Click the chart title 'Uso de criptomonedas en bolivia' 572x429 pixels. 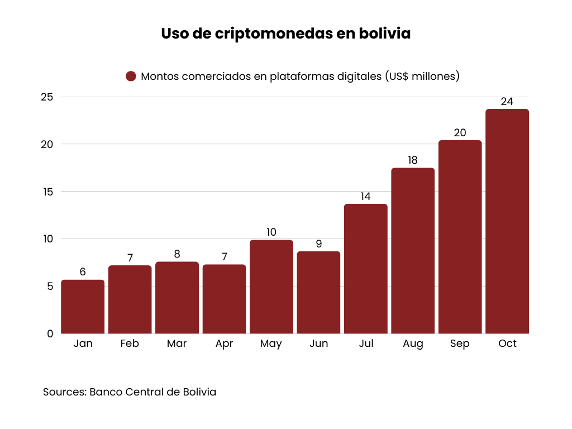pyautogui.click(x=285, y=34)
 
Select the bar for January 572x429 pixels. pyautogui.click(x=83, y=307)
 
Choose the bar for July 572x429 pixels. pyautogui.click(x=365, y=269)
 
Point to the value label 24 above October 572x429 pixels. pyautogui.click(x=507, y=102)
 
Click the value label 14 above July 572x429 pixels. pyautogui.click(x=365, y=197)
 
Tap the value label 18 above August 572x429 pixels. pyautogui.click(x=413, y=160)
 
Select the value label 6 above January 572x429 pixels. pyautogui.click(x=83, y=272)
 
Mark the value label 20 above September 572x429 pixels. pyautogui.click(x=460, y=133)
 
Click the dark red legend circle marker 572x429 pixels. pyautogui.click(x=131, y=77)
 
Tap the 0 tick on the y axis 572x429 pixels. pyautogui.click(x=50, y=333)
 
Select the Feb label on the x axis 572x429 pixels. pyautogui.click(x=130, y=344)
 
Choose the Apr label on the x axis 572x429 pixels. pyautogui.click(x=224, y=344)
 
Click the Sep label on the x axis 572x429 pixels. pyautogui.click(x=460, y=344)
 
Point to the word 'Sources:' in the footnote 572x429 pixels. pyautogui.click(x=64, y=392)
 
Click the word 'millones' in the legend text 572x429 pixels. pyautogui.click(x=431, y=77)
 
